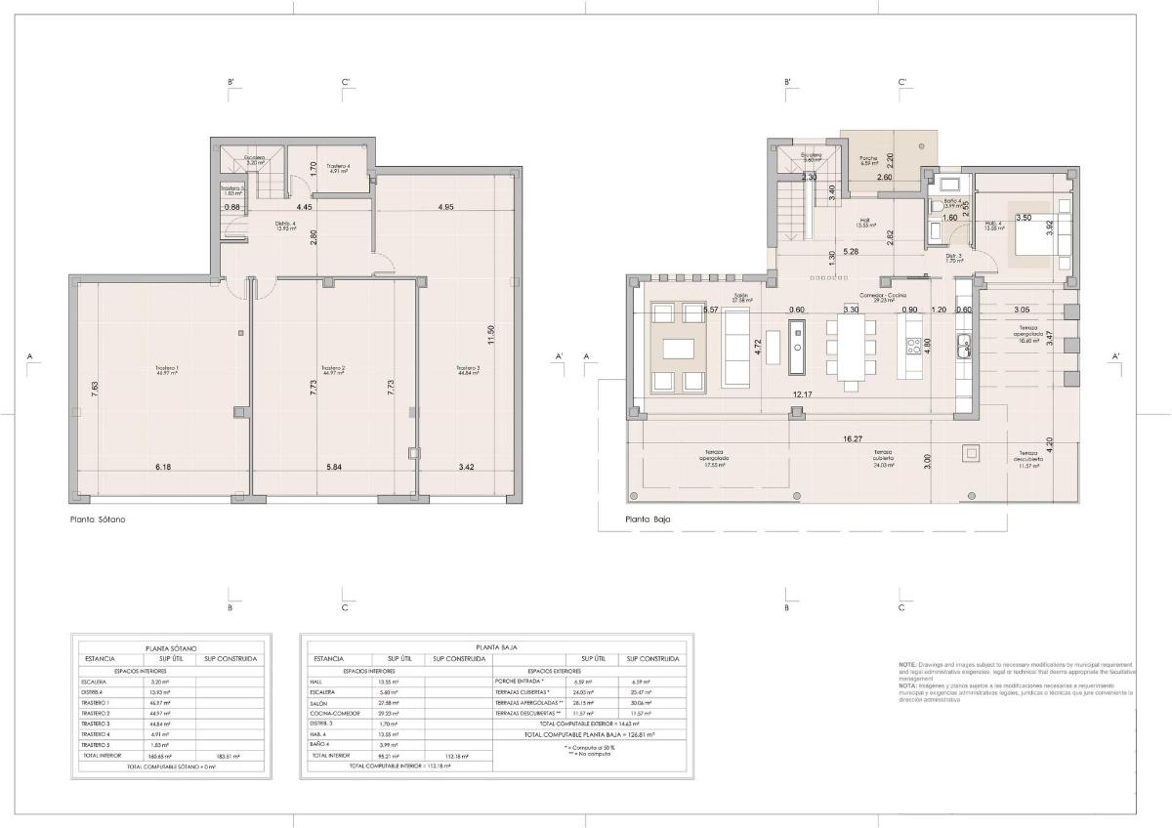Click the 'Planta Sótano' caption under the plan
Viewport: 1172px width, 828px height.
tap(98, 519)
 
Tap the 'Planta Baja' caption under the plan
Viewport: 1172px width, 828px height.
tap(649, 519)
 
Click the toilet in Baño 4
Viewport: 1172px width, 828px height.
tap(935, 208)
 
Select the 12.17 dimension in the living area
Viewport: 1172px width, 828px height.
tap(802, 394)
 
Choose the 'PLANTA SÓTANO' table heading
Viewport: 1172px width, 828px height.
tap(171, 647)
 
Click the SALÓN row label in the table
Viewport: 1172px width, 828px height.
tap(320, 702)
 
